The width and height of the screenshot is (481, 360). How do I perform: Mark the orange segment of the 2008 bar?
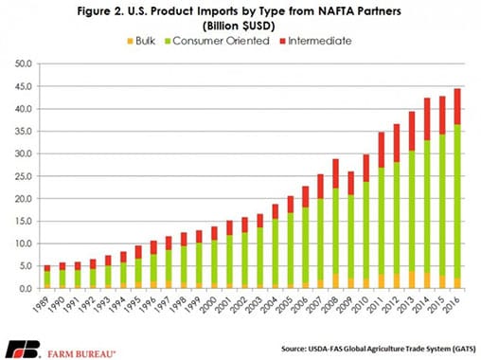click(x=335, y=280)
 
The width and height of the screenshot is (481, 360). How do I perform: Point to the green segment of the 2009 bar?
click(x=351, y=237)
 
